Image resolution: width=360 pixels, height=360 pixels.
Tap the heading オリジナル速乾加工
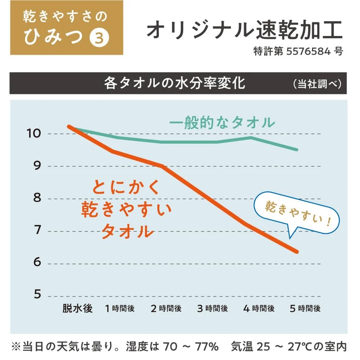pyautogui.click(x=245, y=30)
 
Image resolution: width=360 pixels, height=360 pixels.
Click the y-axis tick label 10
pyautogui.click(x=34, y=134)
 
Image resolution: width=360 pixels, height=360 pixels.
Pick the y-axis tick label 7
pyautogui.click(x=37, y=231)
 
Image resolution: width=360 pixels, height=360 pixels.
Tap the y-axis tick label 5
pyautogui.click(x=37, y=295)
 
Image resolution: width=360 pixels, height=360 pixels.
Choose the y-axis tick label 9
pyautogui.click(x=37, y=166)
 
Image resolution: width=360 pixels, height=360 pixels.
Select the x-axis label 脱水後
pyautogui.click(x=77, y=309)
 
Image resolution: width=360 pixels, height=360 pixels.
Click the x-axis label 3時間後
pyautogui.click(x=213, y=309)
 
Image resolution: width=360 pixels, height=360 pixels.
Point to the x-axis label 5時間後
pyautogui.click(x=305, y=309)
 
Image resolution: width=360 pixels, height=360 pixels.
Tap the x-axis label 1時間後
pyautogui.click(x=120, y=309)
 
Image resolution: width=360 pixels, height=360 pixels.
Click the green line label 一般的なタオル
pyautogui.click(x=222, y=122)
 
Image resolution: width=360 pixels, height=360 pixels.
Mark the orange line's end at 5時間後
pyautogui.click(x=297, y=252)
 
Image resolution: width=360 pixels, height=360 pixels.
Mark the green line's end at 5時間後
pyautogui.click(x=297, y=149)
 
